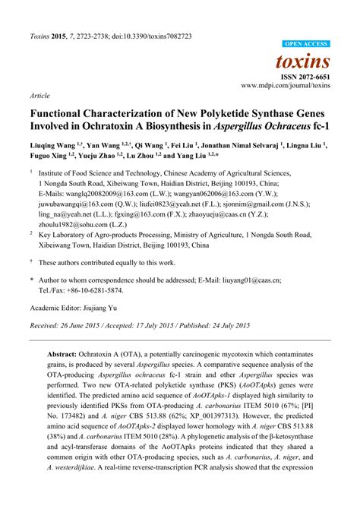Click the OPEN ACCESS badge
tap(308, 44)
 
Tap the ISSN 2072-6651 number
tap(306, 78)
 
